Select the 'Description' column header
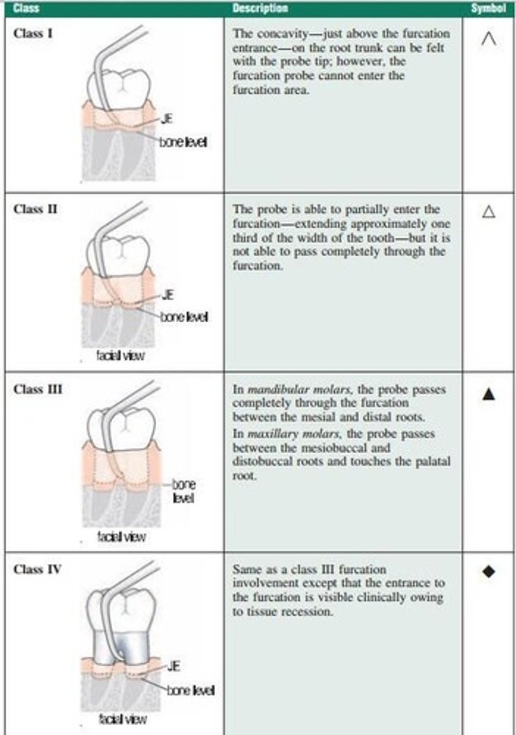(x=260, y=8)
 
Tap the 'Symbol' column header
(x=488, y=8)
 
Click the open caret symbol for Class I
(x=488, y=40)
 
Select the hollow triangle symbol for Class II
(x=488, y=212)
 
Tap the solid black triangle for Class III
(x=488, y=394)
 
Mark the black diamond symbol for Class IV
(x=488, y=571)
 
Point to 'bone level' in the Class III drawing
(x=184, y=491)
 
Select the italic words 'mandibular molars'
(x=279, y=390)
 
